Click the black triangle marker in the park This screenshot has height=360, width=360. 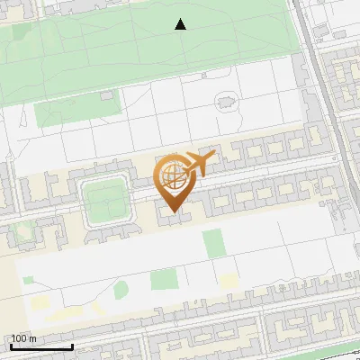(x=180, y=24)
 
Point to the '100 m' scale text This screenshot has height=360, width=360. (x=23, y=338)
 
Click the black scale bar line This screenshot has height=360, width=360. (x=40, y=346)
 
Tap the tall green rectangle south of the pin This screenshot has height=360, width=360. (x=212, y=243)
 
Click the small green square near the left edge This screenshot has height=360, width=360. (x=28, y=280)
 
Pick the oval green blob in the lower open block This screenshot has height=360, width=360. (x=121, y=289)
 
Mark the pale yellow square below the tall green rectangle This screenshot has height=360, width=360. (x=229, y=282)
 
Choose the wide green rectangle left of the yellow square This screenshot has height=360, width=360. (x=164, y=280)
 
